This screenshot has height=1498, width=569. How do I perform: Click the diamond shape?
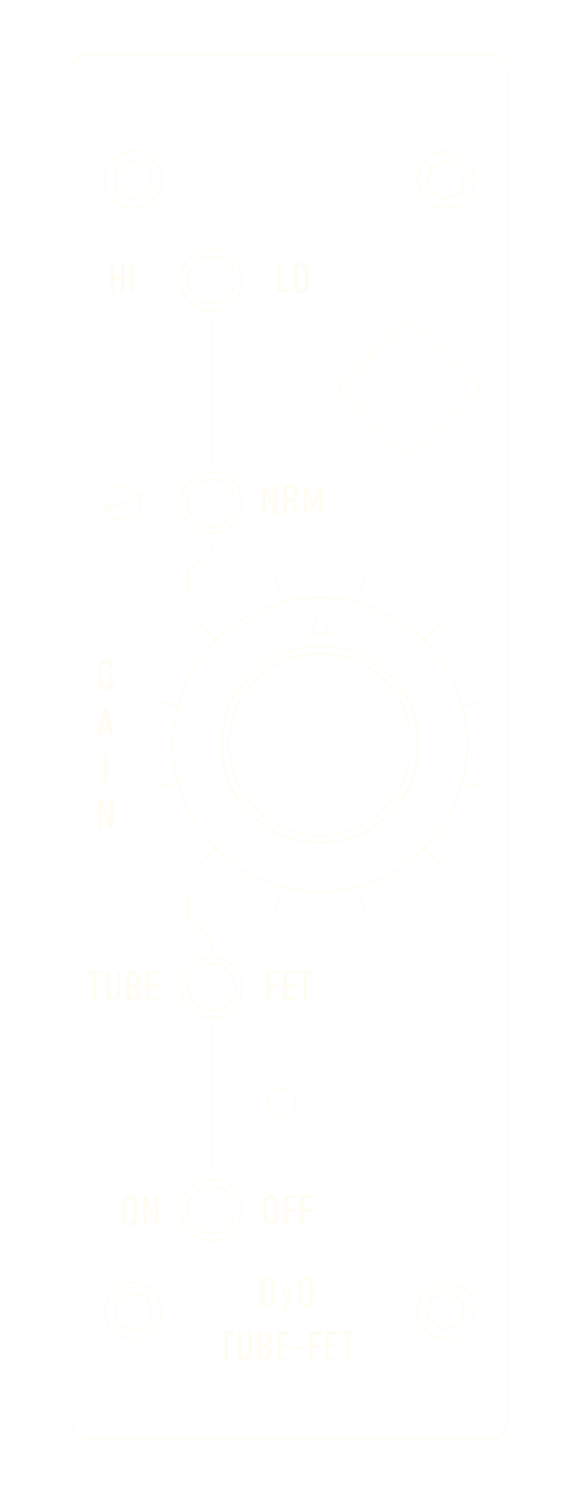click(x=409, y=388)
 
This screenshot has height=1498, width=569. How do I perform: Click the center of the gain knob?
click(x=320, y=744)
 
